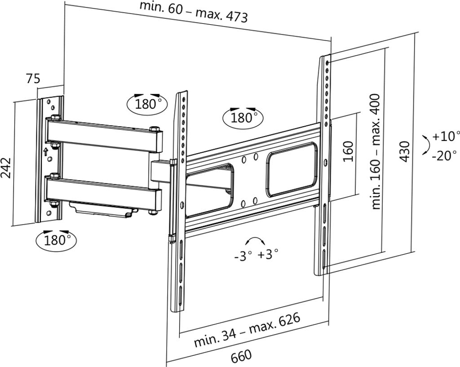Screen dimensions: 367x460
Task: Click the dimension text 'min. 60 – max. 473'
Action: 193,12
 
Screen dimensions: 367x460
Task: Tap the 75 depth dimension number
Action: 33,79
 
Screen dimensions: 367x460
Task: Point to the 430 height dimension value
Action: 405,151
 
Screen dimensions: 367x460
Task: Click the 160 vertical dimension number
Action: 348,151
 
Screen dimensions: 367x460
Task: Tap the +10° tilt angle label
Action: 446,136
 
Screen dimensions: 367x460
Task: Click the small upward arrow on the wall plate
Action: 45,152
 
